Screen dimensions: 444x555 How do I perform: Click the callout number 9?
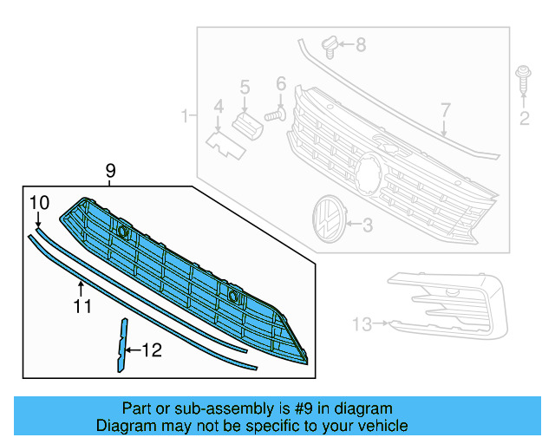pos(110,171)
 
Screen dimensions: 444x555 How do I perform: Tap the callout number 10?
pos(39,203)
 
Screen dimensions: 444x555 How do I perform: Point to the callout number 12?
pos(152,350)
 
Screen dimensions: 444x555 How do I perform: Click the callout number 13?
pos(362,324)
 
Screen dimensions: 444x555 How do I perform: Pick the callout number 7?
pos(445,110)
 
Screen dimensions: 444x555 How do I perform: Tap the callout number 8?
pos(361,43)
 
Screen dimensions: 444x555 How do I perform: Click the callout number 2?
pos(524,118)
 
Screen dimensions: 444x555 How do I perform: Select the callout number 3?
pos(367,225)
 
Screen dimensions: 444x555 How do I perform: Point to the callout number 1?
pos(183,115)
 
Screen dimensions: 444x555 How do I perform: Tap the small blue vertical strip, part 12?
pos(122,344)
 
